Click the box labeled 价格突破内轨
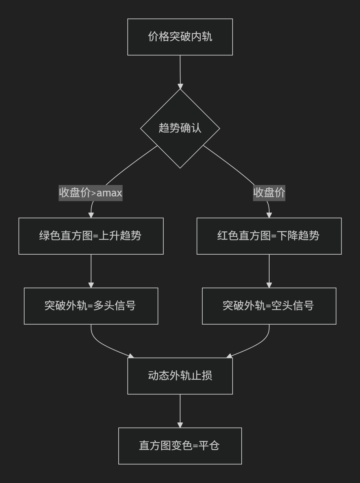pos(180,37)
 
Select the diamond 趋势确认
pos(180,128)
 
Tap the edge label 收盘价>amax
pos(90,193)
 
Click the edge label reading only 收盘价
pos(269,193)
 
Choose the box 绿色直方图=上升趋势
pos(91,236)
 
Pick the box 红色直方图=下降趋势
pos(269,236)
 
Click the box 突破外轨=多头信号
pos(91,306)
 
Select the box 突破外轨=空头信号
pos(269,306)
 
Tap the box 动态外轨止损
pos(180,376)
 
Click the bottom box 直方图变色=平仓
pos(180,446)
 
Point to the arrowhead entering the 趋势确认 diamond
pos(180,86)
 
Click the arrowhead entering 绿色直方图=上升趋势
pos(91,215)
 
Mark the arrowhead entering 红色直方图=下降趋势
pos(269,215)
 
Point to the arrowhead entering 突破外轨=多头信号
pos(91,285)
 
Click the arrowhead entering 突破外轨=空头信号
pos(269,285)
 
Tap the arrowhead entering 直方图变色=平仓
pos(180,425)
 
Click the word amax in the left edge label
pos(109,193)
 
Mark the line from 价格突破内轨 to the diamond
pos(180,70)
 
